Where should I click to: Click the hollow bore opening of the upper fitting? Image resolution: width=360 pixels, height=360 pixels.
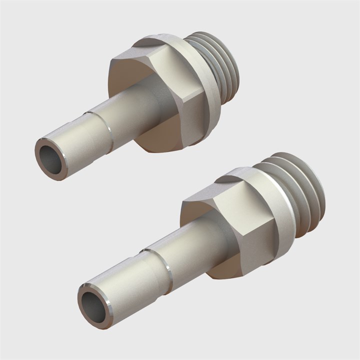[51, 158]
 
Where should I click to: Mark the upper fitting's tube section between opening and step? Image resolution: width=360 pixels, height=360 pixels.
[80, 142]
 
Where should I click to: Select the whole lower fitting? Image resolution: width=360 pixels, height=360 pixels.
[210, 235]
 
